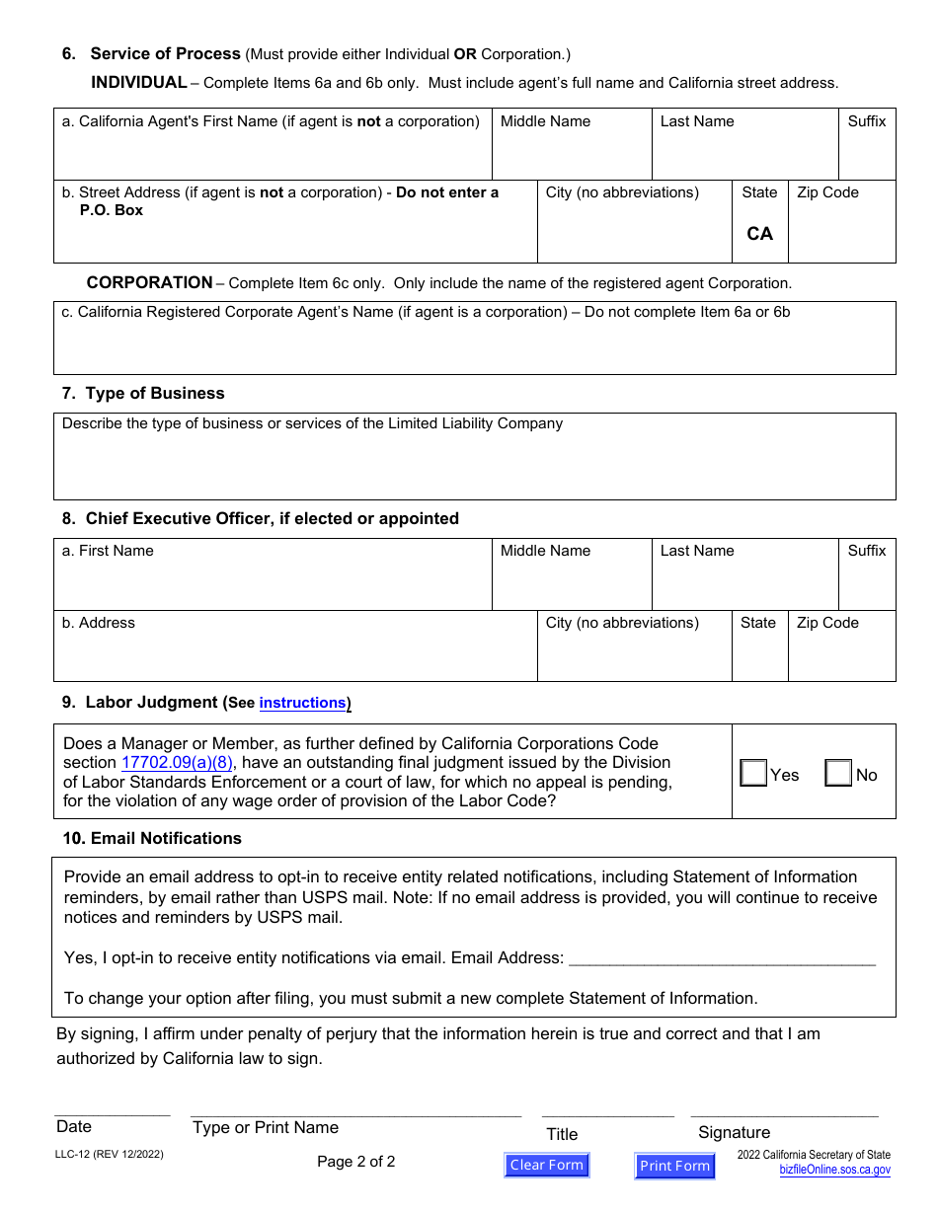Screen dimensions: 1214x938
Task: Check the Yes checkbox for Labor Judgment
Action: tap(753, 773)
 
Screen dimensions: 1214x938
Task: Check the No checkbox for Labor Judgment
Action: tap(838, 773)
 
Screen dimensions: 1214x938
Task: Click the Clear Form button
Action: tap(547, 1165)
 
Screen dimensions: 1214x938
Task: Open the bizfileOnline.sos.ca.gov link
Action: tap(834, 1170)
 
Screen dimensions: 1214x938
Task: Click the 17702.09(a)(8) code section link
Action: tap(178, 762)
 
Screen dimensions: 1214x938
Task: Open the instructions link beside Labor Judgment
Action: tap(302, 703)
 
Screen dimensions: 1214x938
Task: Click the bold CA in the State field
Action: tap(759, 234)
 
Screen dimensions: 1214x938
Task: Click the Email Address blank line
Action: tap(722, 957)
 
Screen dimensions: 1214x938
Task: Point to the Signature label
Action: tap(734, 1132)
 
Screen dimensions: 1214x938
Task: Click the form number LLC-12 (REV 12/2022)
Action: tap(110, 1154)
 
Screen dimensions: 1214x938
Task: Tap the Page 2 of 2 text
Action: tap(355, 1162)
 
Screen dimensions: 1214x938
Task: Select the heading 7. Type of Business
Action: tap(143, 393)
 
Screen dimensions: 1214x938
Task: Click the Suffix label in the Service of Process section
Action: tap(867, 121)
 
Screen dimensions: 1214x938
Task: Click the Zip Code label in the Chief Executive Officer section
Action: tap(827, 623)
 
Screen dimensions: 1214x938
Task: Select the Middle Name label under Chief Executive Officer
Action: tap(545, 551)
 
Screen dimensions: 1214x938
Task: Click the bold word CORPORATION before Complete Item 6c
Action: tap(149, 282)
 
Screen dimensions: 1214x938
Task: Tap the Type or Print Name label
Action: tap(265, 1127)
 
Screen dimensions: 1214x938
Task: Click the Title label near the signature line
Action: tap(562, 1134)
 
